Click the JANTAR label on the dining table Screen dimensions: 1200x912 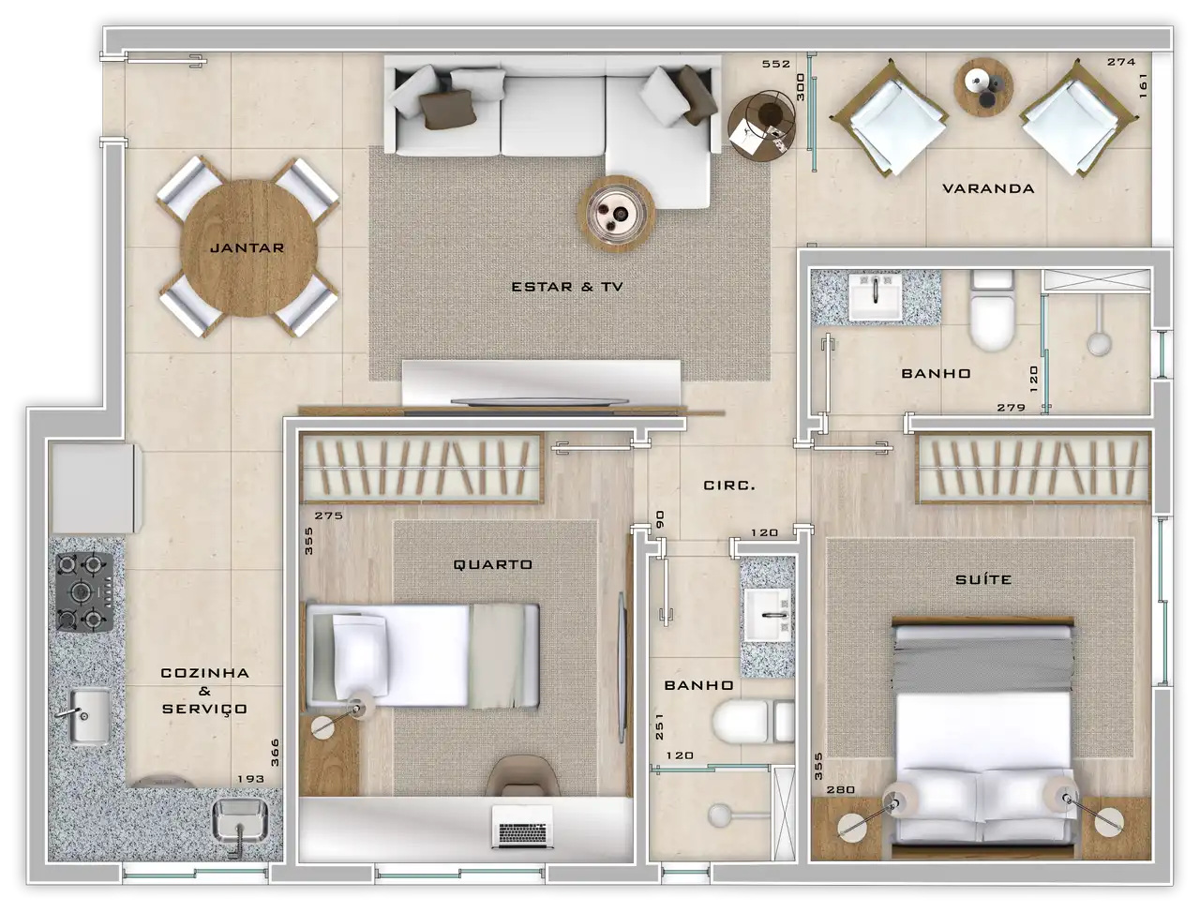[x=247, y=248]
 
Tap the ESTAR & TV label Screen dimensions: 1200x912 [x=567, y=287]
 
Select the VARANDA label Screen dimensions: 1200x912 [x=988, y=188]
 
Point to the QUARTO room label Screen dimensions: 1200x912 [x=492, y=564]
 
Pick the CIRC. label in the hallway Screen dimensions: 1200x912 [x=729, y=486]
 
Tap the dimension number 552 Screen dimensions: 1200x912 [x=776, y=64]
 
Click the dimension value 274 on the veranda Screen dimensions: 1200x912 [x=1122, y=62]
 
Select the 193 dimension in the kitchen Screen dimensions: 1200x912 [x=251, y=779]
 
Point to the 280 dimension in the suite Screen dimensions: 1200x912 [x=841, y=789]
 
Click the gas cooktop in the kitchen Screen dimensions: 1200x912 [x=84, y=591]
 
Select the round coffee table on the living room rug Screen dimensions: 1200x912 [x=617, y=214]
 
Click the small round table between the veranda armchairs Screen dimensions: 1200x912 [x=983, y=87]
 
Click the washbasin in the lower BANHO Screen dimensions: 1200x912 [x=768, y=615]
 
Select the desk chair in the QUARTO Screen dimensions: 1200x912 [x=522, y=775]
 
